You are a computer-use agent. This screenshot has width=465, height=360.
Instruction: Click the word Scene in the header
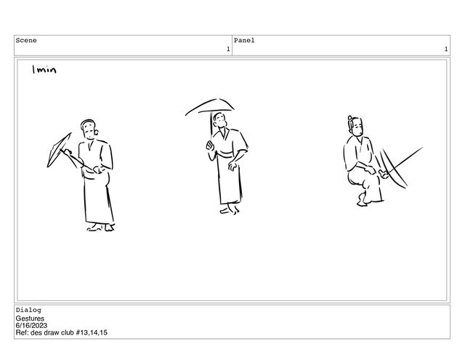(26, 40)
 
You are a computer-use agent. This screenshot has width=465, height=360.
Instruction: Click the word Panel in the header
(244, 40)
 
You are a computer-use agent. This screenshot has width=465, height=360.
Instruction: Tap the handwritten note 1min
(44, 70)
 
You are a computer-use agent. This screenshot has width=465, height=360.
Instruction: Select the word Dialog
(28, 310)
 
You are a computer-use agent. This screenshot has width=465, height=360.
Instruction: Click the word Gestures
(30, 319)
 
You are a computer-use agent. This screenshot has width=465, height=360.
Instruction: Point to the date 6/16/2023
(31, 326)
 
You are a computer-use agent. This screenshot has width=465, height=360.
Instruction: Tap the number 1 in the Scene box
(228, 49)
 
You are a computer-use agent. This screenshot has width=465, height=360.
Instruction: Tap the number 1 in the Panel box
(445, 49)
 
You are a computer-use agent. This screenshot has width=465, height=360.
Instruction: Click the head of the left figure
(89, 129)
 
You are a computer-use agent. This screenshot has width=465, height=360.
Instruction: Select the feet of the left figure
(101, 228)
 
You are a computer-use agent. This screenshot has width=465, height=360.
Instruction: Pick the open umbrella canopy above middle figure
(209, 106)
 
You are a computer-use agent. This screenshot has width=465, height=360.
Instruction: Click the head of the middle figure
(219, 121)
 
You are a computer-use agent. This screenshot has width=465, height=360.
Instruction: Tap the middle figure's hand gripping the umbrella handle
(210, 145)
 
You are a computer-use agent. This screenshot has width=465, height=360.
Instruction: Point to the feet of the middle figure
(230, 209)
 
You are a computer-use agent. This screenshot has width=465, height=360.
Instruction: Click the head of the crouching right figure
(355, 127)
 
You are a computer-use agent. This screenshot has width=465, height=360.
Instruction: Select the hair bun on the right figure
(350, 118)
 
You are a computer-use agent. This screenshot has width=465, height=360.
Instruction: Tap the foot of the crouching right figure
(363, 200)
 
